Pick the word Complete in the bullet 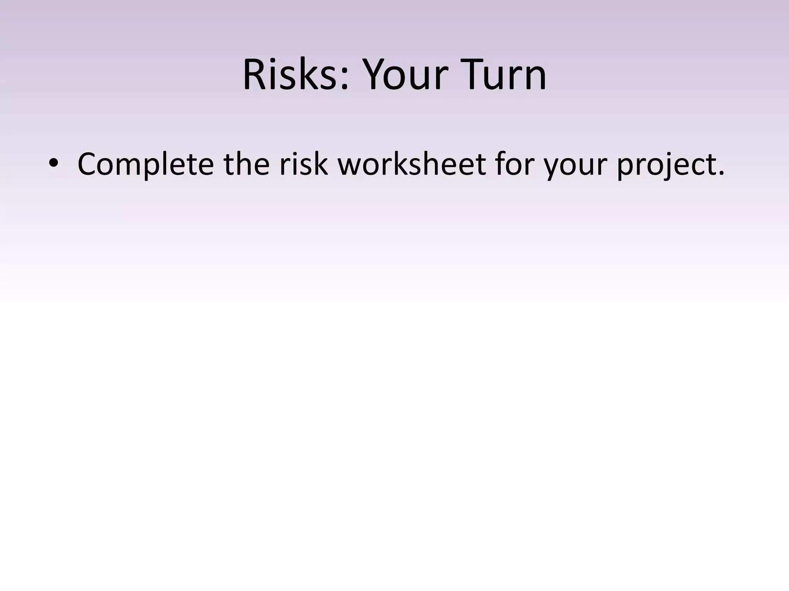coord(145,164)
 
